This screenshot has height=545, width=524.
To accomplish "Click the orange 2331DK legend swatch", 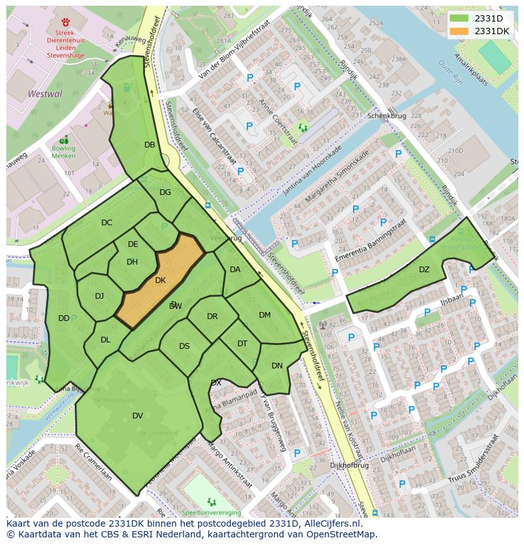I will [459, 31].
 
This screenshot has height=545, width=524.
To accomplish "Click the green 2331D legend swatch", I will [459, 18].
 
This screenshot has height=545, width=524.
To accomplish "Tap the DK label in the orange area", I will [160, 280].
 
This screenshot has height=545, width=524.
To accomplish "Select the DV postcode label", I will [137, 415].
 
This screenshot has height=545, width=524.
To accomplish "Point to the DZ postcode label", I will [424, 270].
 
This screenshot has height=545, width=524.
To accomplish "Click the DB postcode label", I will [149, 144].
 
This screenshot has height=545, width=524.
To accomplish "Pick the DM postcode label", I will [265, 315].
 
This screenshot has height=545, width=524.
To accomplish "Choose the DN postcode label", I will [277, 365].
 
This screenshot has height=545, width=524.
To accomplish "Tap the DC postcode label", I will [106, 222].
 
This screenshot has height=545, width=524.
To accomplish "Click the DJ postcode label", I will [99, 296].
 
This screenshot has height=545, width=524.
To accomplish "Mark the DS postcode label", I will [184, 346].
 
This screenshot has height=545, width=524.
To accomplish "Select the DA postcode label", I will [235, 269].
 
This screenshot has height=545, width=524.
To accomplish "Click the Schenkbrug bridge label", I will [386, 117].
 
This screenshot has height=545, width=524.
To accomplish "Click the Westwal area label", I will [45, 94].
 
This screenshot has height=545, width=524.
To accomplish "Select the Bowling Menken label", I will [63, 152].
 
